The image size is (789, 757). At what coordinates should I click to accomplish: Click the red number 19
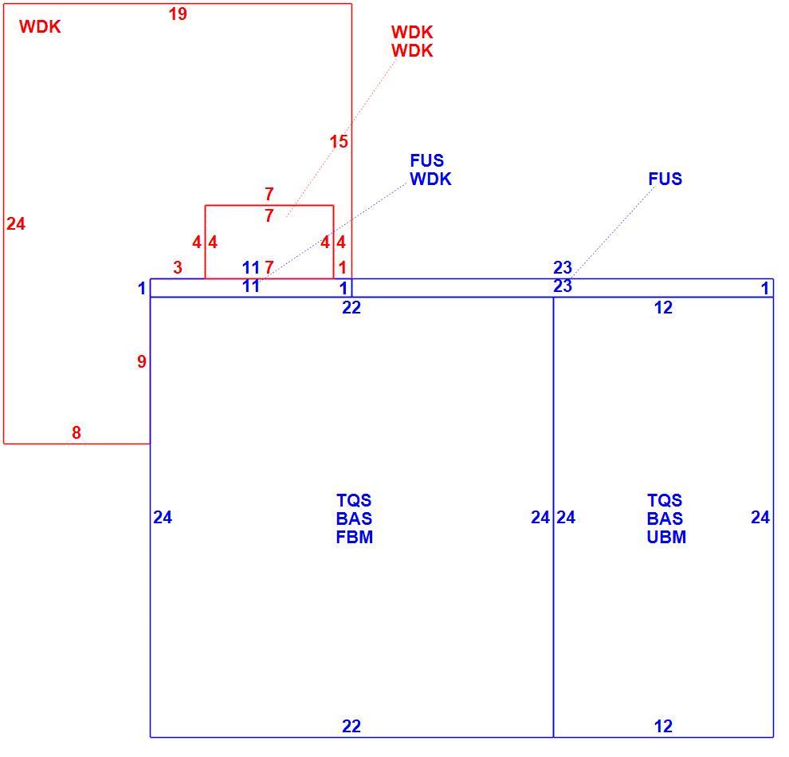pos(178,14)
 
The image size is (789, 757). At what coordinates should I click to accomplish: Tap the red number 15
pos(339,141)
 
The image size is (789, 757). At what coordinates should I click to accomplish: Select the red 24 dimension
pos(16,223)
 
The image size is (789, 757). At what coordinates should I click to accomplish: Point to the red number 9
pos(141,361)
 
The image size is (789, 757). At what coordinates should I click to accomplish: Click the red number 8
pos(76,432)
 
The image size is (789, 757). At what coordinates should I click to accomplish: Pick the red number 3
pos(177,267)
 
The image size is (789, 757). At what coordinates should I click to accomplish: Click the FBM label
pos(354,537)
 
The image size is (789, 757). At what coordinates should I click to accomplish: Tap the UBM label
pos(666,537)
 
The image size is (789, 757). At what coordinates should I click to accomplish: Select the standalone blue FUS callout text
pos(665,179)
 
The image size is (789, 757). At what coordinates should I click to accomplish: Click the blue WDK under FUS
pos(430,179)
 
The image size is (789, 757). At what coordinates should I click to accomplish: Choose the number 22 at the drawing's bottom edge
pos(351,726)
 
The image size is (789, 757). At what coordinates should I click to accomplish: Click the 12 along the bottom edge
pos(663,726)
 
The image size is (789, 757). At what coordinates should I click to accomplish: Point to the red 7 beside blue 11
pos(269,267)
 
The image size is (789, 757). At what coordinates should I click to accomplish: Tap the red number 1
pos(343,267)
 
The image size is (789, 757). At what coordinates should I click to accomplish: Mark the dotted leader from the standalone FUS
pos(613,231)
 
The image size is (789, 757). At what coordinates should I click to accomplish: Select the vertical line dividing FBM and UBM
pos(554,517)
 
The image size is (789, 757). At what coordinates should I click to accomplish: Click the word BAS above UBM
pos(665,518)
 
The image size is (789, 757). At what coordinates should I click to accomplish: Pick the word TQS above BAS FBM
pos(354,500)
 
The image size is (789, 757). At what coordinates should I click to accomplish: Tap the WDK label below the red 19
pos(40,26)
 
